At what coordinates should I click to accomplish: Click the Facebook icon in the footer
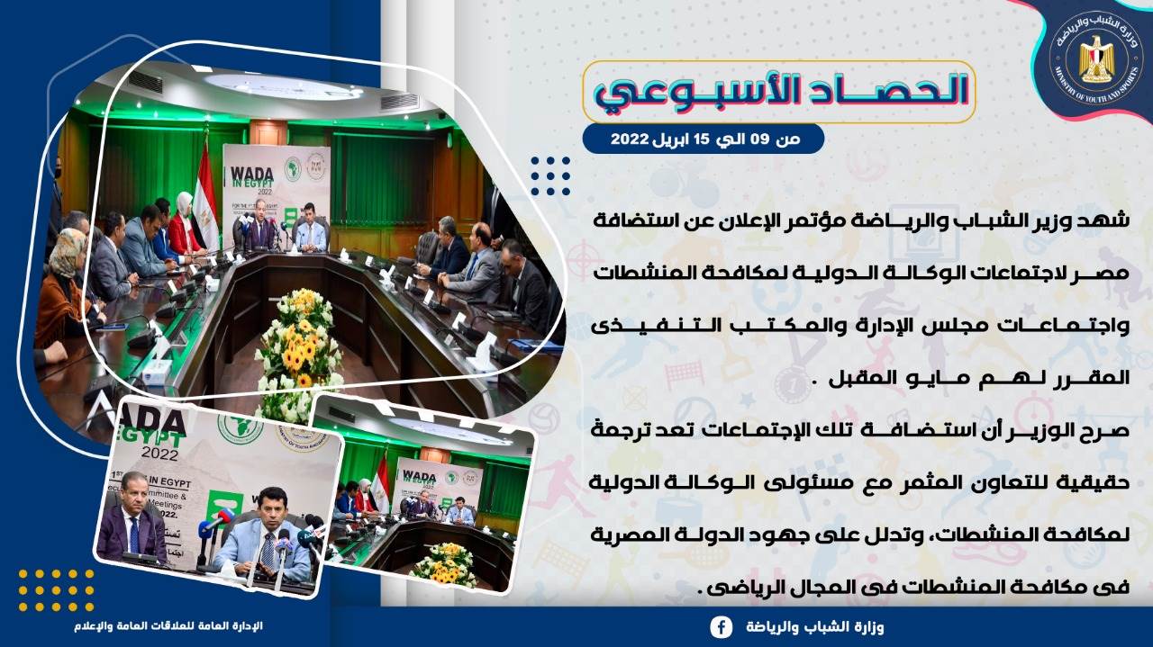click(x=722, y=627)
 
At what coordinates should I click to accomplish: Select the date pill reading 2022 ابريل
click(x=704, y=139)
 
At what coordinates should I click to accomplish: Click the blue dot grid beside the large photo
click(x=550, y=175)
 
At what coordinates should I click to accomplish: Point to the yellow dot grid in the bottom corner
click(x=56, y=590)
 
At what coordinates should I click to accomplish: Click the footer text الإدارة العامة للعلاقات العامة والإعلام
click(x=168, y=626)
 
